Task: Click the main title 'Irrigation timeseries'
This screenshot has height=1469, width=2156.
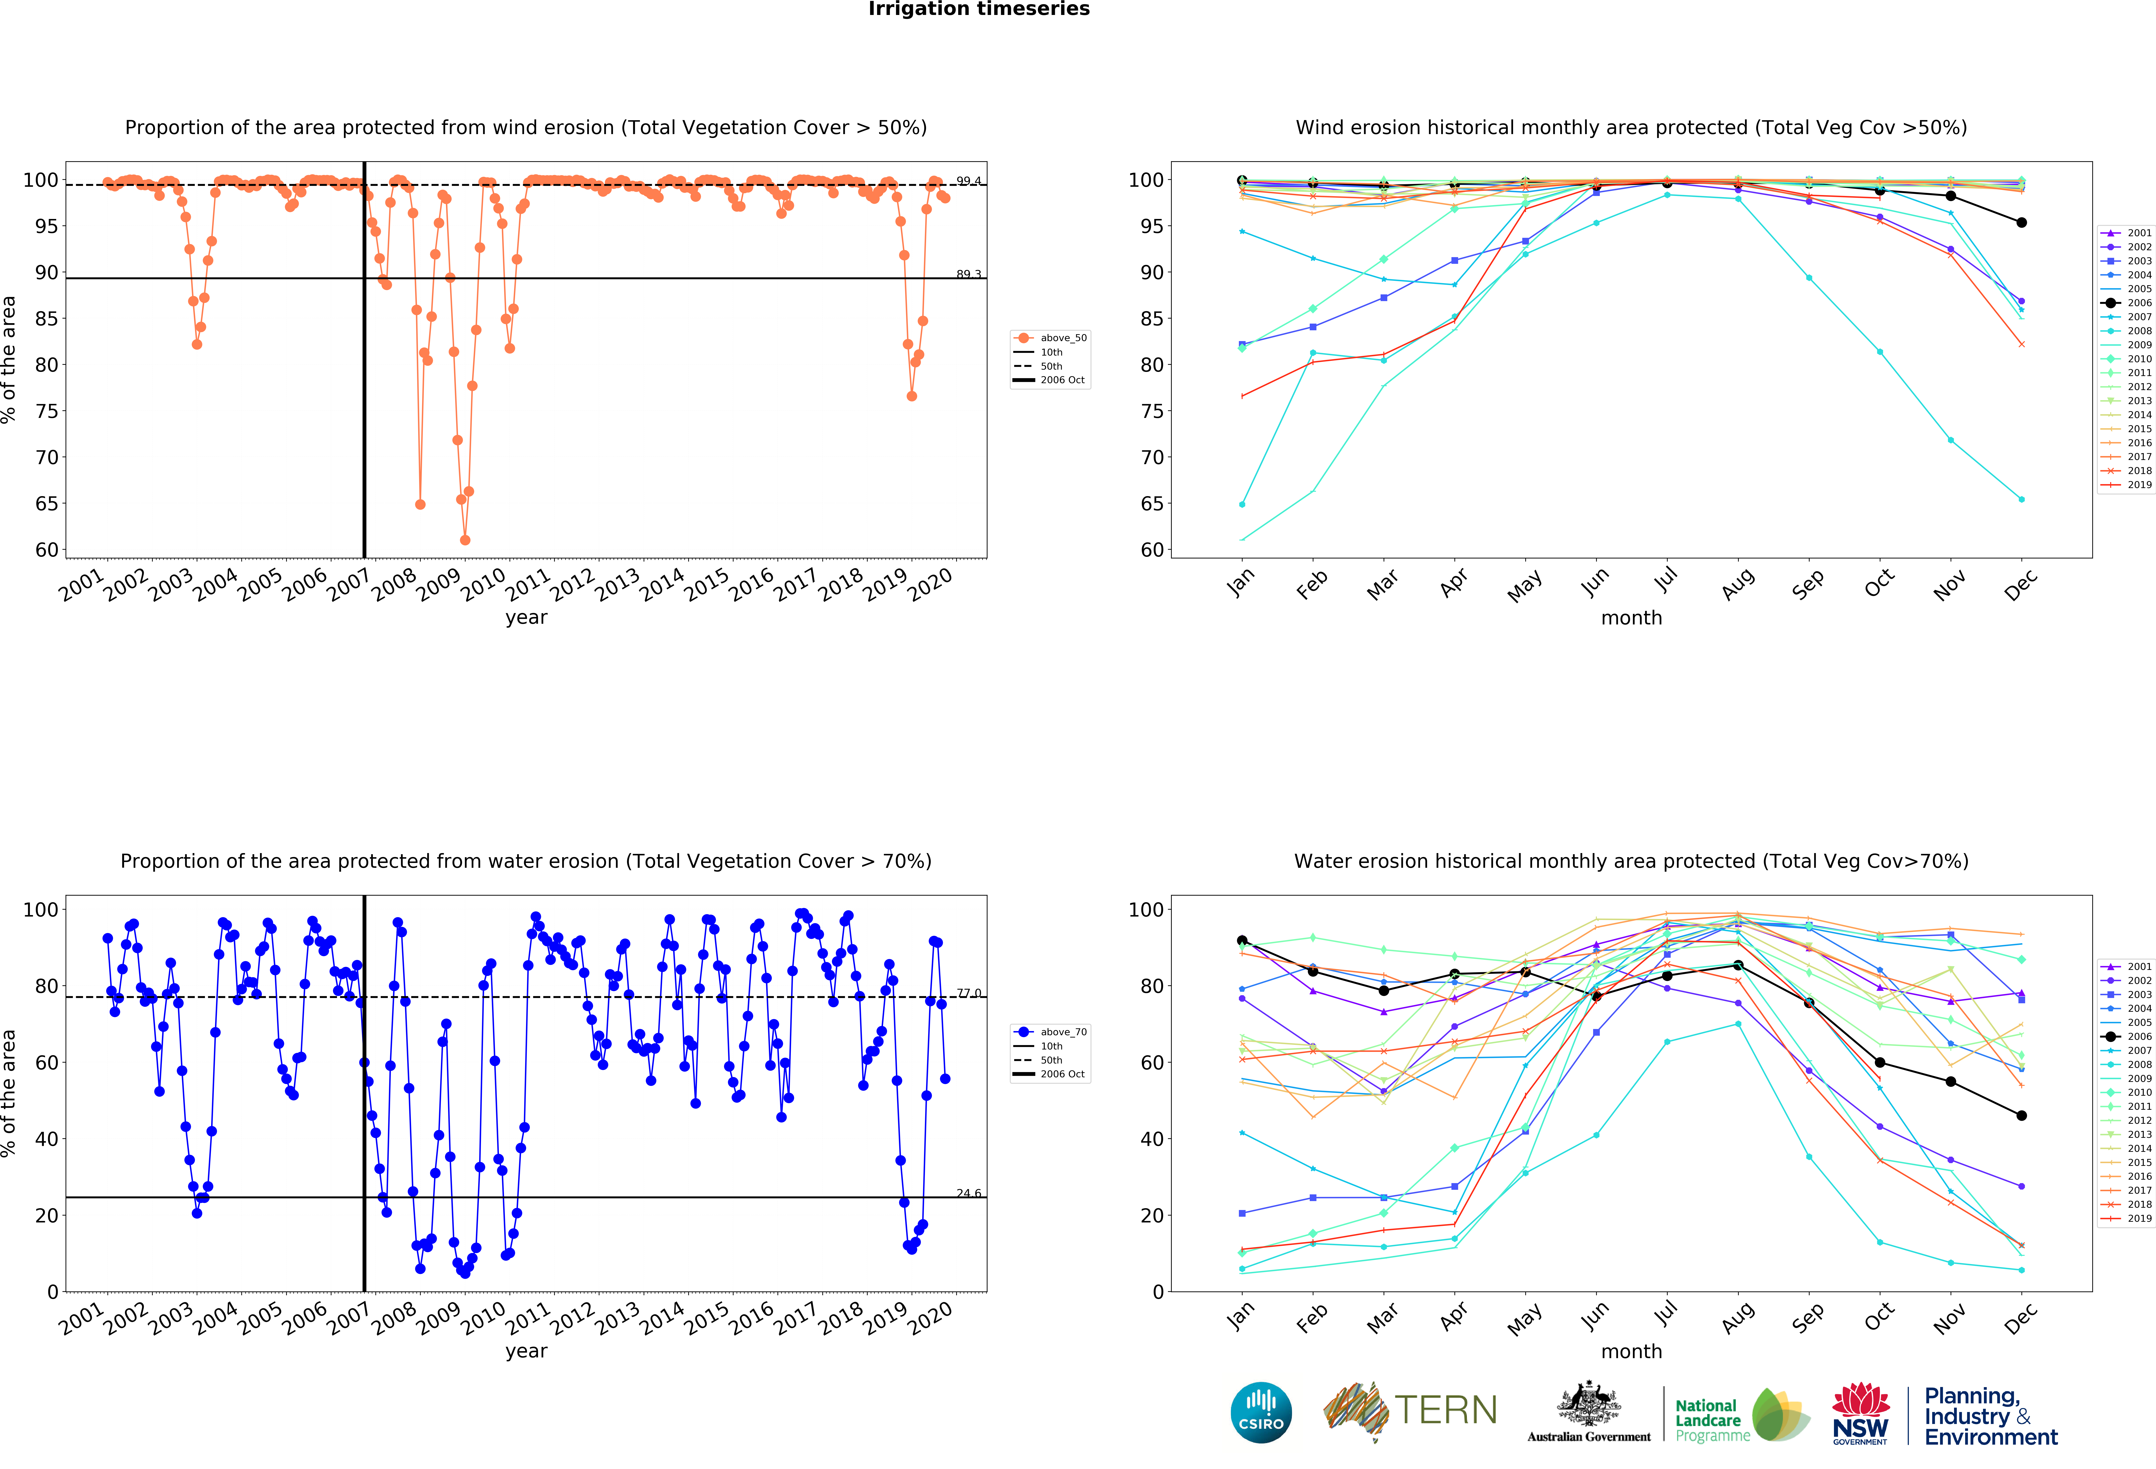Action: coord(979,9)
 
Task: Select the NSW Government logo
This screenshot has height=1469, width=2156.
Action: coord(1860,1413)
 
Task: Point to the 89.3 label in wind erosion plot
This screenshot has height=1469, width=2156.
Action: coord(969,275)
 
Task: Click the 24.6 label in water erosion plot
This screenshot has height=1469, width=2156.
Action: coord(969,1193)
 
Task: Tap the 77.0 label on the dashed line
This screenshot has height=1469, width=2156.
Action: coord(969,993)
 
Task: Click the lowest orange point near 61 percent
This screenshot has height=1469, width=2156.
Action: coord(465,540)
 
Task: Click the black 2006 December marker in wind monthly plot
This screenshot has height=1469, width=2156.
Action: coord(2021,223)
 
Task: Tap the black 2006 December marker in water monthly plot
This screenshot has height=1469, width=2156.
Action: coord(2021,1116)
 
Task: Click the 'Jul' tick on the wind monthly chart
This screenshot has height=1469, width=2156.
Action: coord(1666,580)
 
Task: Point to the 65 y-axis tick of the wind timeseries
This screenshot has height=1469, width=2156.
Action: coord(46,503)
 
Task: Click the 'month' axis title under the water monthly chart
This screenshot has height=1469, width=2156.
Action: coord(1631,1351)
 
